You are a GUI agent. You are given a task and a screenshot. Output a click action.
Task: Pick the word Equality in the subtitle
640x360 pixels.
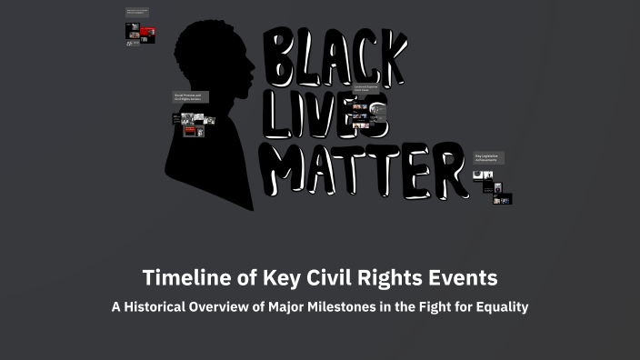(x=499, y=307)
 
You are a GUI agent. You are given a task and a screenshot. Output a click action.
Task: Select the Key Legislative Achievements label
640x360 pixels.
(x=487, y=157)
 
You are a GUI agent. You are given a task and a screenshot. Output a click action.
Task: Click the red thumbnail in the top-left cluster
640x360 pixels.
(x=147, y=30)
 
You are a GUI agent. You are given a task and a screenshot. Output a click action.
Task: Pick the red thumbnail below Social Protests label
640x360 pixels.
(x=191, y=131)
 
